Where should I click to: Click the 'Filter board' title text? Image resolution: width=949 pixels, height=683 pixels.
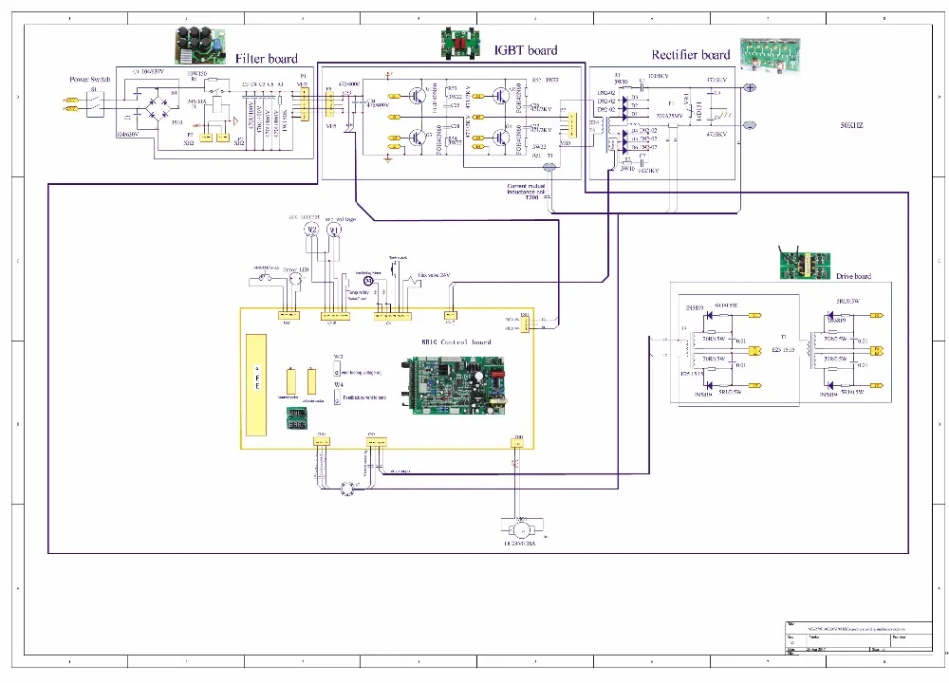pyautogui.click(x=266, y=59)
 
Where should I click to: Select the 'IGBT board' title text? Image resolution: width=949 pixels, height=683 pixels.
pyautogui.click(x=525, y=50)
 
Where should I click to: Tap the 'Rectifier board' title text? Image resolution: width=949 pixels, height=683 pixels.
pyautogui.click(x=690, y=55)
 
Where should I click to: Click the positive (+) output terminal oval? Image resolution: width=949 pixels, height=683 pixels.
pyautogui.click(x=749, y=88)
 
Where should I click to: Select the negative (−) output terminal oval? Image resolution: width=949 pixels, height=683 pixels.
pyautogui.click(x=749, y=125)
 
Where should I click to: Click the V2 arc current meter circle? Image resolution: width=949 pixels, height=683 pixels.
pyautogui.click(x=308, y=230)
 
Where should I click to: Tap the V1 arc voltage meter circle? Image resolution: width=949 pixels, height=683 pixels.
pyautogui.click(x=332, y=230)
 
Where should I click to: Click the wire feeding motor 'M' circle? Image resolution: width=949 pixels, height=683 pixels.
pyautogui.click(x=367, y=281)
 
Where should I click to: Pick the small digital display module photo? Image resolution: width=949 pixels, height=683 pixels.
pyautogui.click(x=296, y=415)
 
